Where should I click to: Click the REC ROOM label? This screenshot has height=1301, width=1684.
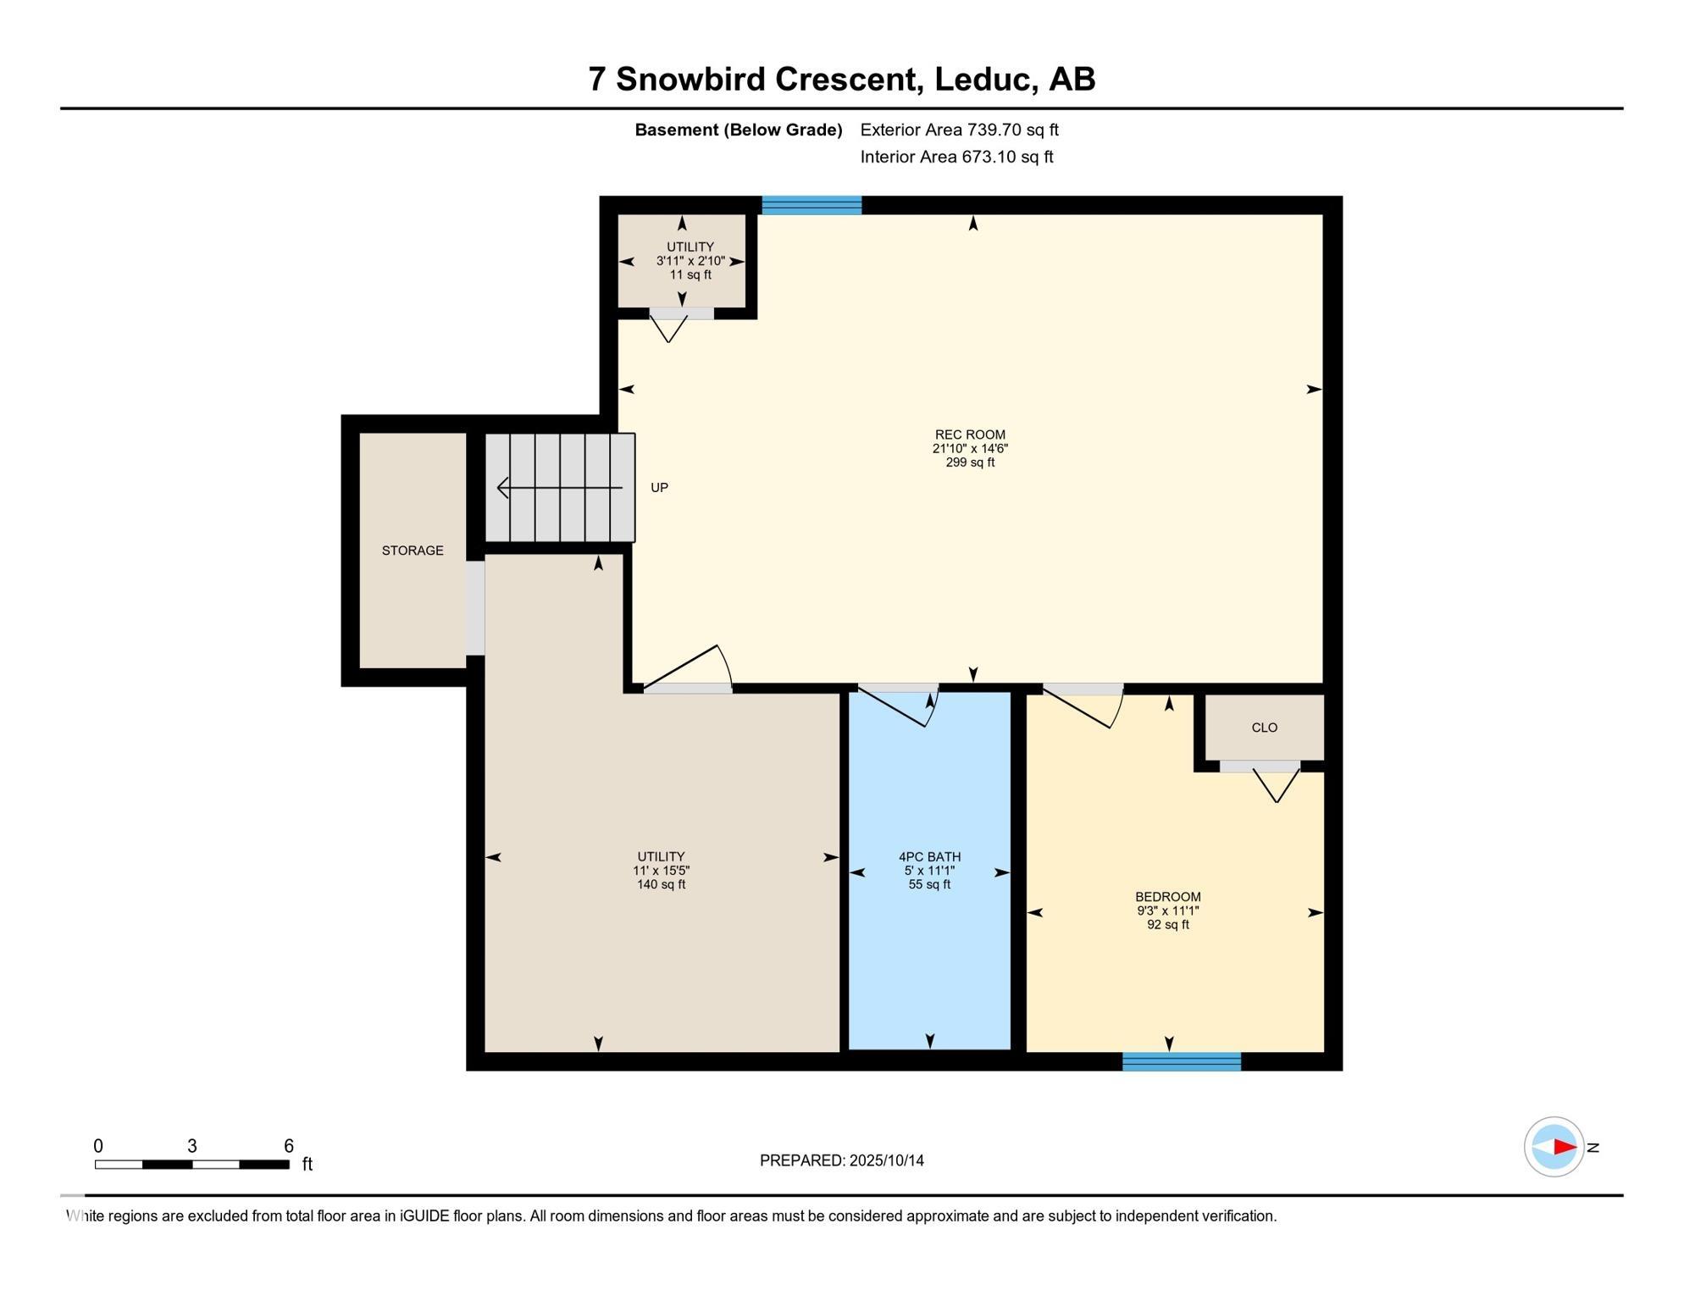970,435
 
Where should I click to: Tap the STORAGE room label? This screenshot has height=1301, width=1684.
413,551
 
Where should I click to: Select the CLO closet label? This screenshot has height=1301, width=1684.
1264,728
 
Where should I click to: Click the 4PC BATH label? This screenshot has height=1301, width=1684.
929,857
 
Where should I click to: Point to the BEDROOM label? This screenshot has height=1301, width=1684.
1168,897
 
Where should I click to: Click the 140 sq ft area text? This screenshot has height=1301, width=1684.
661,885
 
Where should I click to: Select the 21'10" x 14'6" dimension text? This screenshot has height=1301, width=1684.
970,449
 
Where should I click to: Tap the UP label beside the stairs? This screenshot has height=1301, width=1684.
659,488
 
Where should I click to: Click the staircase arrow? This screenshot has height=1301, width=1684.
560,488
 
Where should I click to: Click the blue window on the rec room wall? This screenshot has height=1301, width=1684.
812,205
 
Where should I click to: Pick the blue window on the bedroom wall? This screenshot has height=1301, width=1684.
1182,1061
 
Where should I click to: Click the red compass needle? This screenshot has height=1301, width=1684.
1565,1147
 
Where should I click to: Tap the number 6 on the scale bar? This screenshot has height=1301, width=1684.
289,1146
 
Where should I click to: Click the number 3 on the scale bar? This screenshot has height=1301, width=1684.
192,1146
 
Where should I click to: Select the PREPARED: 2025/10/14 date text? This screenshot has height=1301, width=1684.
842,1160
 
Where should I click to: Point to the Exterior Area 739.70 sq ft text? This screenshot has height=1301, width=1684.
960,130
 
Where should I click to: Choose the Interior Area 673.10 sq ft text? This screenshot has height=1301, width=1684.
957,157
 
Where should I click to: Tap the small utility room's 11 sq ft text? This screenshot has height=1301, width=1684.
690,275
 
